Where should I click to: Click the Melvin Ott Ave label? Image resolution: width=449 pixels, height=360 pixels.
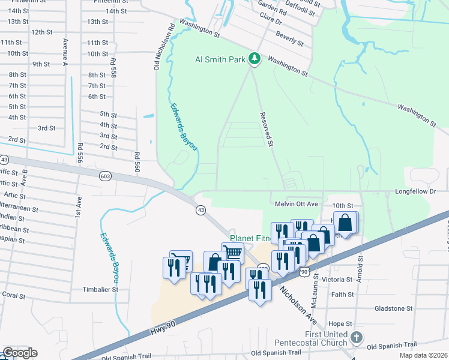(x=295, y=204)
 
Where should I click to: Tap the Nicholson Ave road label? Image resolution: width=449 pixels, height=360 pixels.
(x=298, y=305)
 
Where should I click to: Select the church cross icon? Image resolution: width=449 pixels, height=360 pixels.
(x=357, y=338)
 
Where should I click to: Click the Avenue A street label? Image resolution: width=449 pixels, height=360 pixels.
(x=65, y=52)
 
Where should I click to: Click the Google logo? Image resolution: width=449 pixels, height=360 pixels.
(x=19, y=353)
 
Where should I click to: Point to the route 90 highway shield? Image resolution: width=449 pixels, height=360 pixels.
(x=304, y=272)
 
